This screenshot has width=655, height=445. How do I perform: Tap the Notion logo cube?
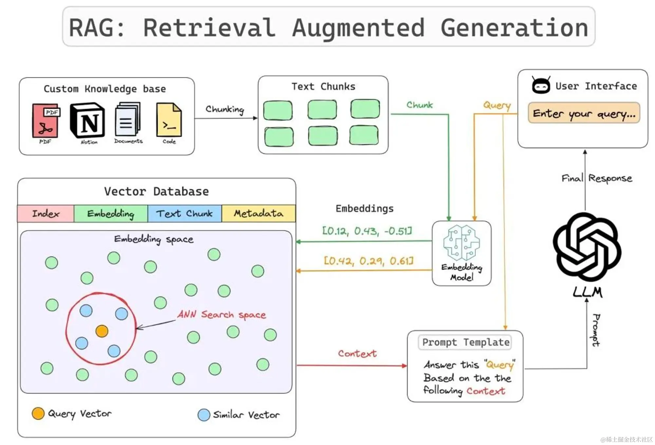click(87, 120)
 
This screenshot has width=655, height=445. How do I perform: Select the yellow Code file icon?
click(169, 120)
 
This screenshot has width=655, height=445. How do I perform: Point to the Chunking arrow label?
click(225, 109)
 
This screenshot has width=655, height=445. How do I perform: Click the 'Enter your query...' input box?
click(584, 113)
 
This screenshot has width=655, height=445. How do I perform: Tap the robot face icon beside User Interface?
click(541, 85)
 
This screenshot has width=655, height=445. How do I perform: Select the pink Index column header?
click(46, 214)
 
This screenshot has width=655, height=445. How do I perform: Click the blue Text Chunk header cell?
click(184, 214)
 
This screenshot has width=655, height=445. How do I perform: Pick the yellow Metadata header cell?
click(258, 214)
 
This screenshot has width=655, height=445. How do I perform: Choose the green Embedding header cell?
click(111, 214)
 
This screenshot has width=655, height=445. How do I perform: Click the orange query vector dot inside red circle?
click(102, 331)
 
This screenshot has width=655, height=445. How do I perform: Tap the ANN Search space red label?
click(222, 314)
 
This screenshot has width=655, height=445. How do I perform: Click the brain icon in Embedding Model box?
click(461, 242)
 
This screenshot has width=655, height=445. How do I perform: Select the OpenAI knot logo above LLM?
click(587, 247)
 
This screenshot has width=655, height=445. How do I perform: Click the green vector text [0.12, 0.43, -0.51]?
click(367, 231)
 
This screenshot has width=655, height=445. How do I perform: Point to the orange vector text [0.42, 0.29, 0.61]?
click(368, 261)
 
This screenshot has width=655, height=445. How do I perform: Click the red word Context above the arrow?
click(357, 354)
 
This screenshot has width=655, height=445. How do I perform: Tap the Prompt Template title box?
click(465, 342)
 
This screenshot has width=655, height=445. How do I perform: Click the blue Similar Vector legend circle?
click(204, 415)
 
